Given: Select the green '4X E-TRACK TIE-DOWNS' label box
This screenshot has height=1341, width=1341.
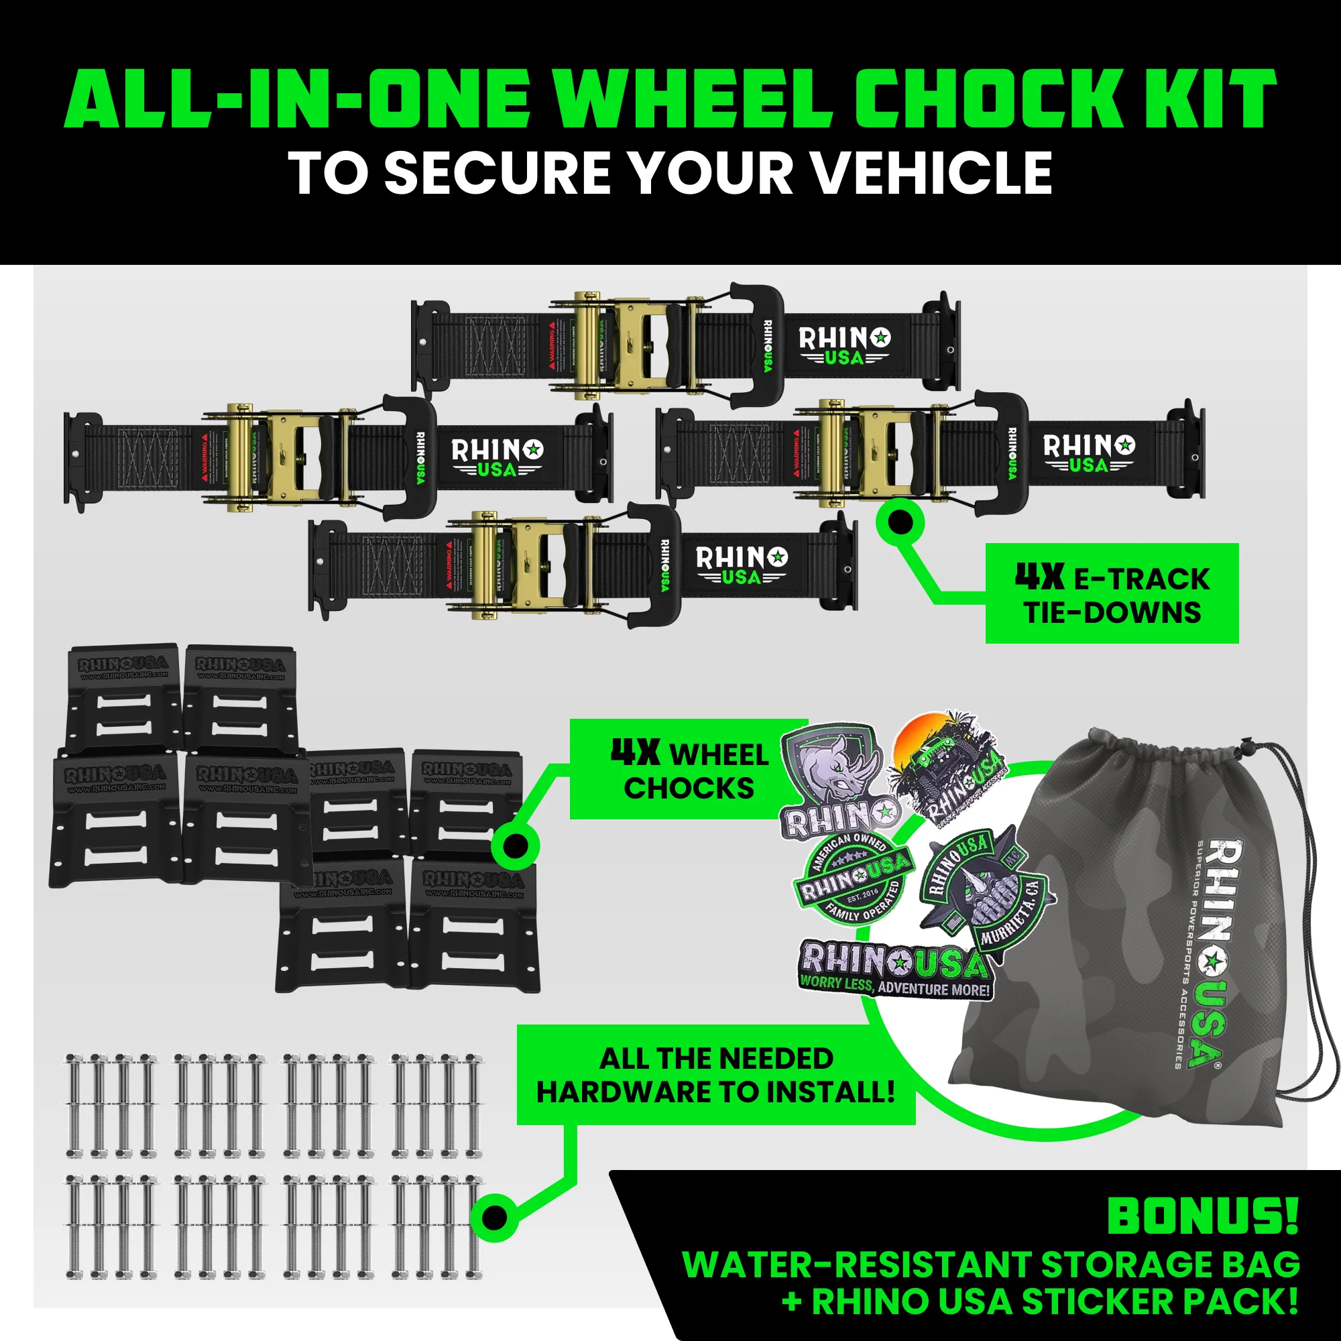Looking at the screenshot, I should [x=1111, y=593].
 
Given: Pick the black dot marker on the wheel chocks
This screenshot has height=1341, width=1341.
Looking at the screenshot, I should [x=515, y=846].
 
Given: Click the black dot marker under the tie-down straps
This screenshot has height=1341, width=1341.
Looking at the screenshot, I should [x=900, y=521].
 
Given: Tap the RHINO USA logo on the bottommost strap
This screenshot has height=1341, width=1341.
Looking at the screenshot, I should [x=742, y=566].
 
